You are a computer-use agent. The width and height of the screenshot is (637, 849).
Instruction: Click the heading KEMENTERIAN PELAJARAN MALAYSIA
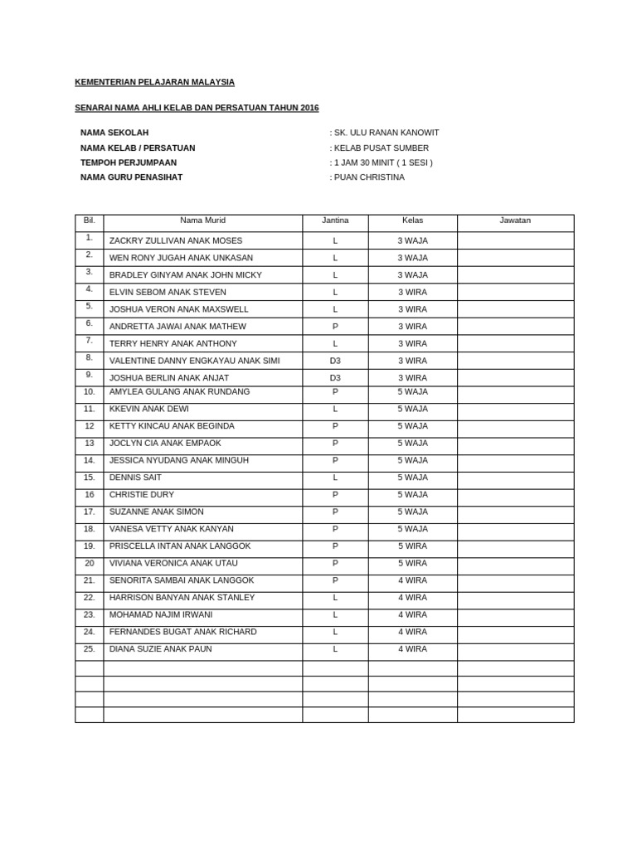[154, 82]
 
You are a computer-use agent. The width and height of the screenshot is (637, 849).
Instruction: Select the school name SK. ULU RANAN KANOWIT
[387, 133]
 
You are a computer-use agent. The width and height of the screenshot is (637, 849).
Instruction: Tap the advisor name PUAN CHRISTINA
[369, 177]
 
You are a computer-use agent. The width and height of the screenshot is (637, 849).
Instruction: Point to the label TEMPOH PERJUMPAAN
[129, 163]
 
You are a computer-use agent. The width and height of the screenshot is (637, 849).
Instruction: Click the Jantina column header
[335, 221]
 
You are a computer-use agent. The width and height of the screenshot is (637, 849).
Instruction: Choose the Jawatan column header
[515, 221]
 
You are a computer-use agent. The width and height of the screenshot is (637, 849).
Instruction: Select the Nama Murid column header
[202, 221]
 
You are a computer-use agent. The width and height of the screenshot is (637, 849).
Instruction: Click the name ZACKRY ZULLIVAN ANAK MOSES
[176, 240]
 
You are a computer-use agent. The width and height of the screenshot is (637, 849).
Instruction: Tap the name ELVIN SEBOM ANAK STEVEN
[168, 292]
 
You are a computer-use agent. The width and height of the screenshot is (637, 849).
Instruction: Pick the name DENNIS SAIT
[135, 478]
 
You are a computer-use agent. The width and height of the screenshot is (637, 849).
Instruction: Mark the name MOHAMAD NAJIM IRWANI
[161, 614]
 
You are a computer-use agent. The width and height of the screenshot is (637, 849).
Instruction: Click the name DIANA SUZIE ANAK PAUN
[160, 649]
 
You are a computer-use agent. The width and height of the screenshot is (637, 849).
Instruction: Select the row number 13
[90, 443]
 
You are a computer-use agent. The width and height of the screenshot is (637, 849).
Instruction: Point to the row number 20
[90, 563]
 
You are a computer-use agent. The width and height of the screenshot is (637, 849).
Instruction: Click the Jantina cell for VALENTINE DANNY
[335, 361]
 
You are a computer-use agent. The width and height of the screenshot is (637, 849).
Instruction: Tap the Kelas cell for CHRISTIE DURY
[412, 494]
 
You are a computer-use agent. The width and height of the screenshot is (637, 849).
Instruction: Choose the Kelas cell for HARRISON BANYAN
[412, 598]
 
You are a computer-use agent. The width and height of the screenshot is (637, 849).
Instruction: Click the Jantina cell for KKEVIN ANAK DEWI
[335, 409]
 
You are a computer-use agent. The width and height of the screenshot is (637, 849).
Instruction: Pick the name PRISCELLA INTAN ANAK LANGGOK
[180, 546]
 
